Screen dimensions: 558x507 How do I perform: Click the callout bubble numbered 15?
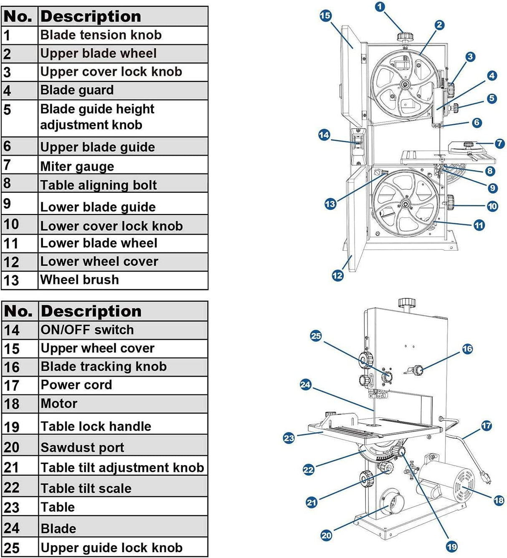[325, 16]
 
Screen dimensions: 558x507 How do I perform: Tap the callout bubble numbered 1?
[380, 7]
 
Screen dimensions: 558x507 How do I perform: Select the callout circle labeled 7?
[499, 144]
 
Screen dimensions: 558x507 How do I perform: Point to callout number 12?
[337, 275]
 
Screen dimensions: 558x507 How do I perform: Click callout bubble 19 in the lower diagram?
[452, 546]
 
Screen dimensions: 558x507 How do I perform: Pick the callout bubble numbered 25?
[316, 336]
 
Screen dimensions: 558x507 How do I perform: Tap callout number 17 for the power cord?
[487, 426]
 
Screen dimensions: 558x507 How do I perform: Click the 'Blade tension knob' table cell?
[101, 35]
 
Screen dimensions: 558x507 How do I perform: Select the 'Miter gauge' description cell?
[77, 166]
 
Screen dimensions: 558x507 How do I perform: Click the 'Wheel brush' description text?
[79, 280]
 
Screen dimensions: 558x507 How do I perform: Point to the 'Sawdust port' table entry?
[82, 447]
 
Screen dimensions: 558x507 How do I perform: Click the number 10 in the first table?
[12, 224]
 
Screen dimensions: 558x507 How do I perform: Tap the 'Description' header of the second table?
[91, 311]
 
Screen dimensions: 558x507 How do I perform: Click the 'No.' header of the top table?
[18, 17]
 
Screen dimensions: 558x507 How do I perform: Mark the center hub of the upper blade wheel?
[404, 85]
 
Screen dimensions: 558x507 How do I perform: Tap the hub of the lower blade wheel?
[405, 204]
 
